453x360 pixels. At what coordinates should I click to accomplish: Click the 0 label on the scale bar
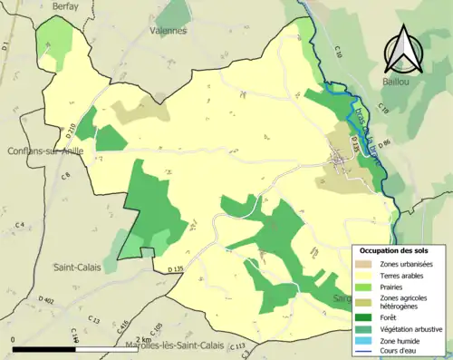coord(14,339)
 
